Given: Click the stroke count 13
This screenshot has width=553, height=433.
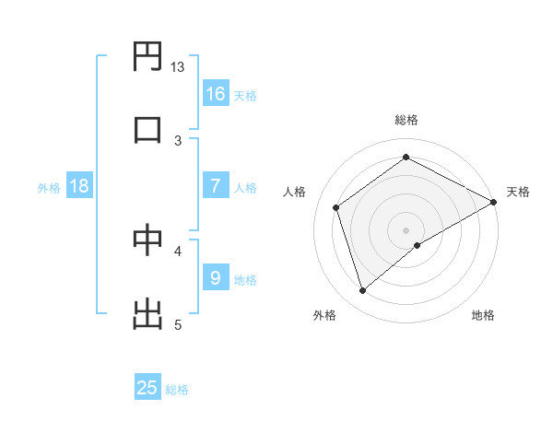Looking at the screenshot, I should [178, 67].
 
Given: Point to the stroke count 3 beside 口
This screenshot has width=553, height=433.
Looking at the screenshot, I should [178, 140].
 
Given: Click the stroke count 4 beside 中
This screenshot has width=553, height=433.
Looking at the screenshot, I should [178, 250].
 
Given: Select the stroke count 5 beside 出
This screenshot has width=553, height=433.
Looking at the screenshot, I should [178, 324].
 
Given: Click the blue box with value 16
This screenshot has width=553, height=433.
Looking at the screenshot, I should [216, 93].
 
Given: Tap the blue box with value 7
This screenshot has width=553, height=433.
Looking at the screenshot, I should [216, 186].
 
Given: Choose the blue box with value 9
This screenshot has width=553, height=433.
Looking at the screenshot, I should [216, 278].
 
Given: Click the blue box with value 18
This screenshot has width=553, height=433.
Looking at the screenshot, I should [79, 186].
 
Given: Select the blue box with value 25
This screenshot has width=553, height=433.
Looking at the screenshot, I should [147, 388].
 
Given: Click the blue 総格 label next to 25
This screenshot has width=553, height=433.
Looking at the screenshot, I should [177, 390].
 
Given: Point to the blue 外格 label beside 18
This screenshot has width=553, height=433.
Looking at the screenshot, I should [48, 188].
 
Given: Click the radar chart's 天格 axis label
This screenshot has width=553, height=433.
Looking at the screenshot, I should [518, 192].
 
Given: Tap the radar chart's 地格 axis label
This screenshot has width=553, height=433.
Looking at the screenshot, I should [483, 316].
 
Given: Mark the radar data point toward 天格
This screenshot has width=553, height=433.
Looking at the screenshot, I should [494, 202].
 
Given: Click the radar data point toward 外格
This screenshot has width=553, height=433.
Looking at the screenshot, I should [363, 291].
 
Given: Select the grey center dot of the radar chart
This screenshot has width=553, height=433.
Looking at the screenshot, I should [406, 229].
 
